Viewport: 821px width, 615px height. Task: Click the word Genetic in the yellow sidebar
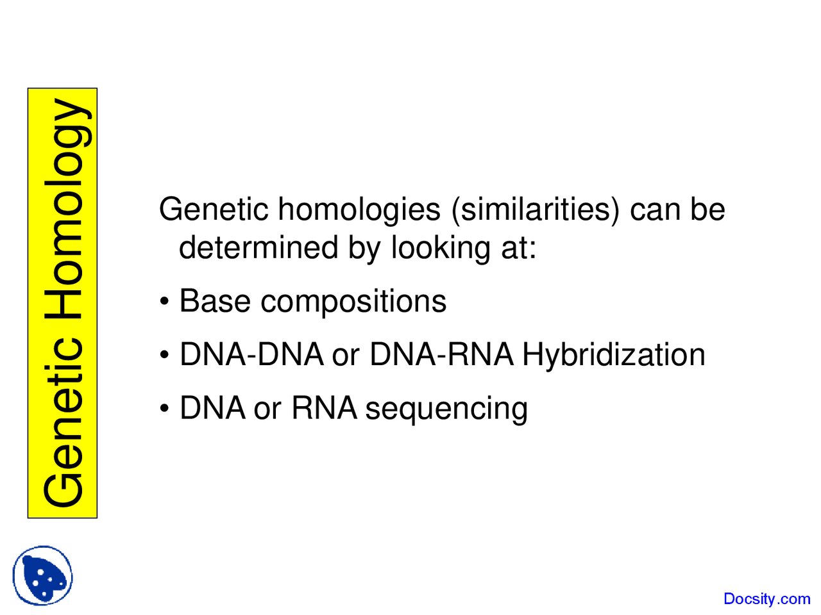[63, 423]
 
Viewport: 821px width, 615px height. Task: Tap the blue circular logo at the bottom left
[43, 575]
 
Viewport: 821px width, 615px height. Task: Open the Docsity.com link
[766, 599]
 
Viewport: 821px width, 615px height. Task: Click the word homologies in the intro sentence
[359, 210]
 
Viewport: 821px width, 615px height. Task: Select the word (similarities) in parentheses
[536, 210]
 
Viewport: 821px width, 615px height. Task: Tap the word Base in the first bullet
[215, 301]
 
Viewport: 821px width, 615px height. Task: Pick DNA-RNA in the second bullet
[441, 355]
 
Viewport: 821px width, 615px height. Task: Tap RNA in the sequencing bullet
[324, 408]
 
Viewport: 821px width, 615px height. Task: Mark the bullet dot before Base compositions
[165, 302]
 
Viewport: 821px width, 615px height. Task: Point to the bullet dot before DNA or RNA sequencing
[165, 409]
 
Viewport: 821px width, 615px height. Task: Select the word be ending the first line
[708, 209]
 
